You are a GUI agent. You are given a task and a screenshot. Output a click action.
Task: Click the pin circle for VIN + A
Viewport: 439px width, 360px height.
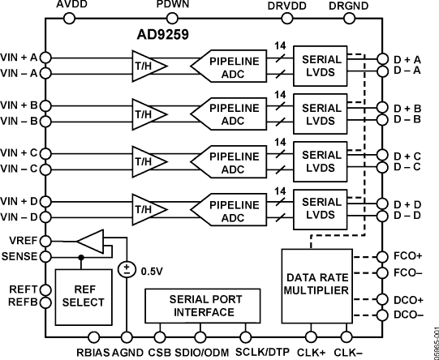pyautogui.click(x=45, y=57)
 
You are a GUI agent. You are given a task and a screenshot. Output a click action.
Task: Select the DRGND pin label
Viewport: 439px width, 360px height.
pyautogui.click(x=347, y=7)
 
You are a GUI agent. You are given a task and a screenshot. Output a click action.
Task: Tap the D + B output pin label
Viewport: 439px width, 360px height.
pyautogui.click(x=406, y=108)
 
